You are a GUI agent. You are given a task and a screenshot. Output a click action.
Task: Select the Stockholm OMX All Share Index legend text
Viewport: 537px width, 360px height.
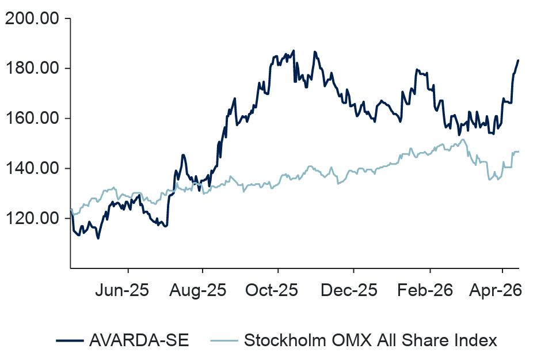pyautogui.click(x=370, y=340)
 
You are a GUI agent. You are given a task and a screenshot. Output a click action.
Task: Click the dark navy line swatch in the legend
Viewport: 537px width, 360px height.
pyautogui.click(x=70, y=340)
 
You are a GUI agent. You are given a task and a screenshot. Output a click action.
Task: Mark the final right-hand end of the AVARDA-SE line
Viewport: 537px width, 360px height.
pyautogui.click(x=519, y=60)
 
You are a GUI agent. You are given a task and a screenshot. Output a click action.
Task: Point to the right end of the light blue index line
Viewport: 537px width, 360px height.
pyautogui.click(x=519, y=152)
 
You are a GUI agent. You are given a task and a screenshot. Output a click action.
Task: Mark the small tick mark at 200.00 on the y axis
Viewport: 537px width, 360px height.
pyautogui.click(x=67, y=18)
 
